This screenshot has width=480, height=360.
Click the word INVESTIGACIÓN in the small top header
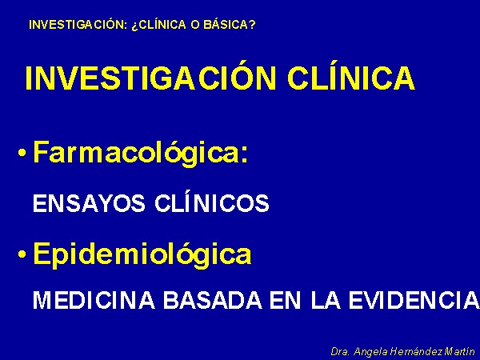[78, 25]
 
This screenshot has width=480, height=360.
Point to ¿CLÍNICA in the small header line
[158, 25]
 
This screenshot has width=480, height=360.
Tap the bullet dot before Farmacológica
[22, 153]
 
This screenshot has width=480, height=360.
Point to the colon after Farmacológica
[244, 154]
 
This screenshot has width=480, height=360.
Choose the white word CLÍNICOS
[212, 202]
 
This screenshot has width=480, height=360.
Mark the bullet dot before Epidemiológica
[22, 254]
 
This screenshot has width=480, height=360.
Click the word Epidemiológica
[142, 254]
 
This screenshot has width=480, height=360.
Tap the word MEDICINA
[94, 300]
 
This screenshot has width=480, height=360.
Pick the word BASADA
[213, 300]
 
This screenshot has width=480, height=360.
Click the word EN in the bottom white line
[286, 300]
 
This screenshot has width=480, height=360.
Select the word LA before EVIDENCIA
[326, 300]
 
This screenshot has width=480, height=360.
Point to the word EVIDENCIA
[414, 300]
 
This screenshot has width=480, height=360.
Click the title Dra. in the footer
[340, 351]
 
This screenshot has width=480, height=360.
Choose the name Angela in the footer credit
[370, 352]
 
